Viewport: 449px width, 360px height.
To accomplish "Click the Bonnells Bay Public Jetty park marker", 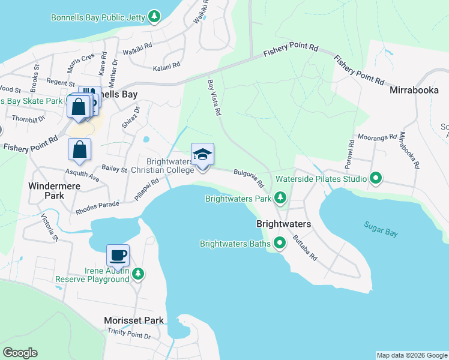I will pos(154,16).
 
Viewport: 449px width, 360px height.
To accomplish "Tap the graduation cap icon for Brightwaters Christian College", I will pos(202,155).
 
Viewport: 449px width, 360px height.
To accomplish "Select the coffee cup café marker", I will pos(118,256).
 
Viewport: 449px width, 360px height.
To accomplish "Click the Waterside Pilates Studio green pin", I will pos(376,178).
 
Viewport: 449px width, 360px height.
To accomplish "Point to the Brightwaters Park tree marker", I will pos(280,197).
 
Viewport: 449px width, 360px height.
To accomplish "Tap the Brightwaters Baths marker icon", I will pos(280,243).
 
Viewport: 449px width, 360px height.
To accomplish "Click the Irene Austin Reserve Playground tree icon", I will pos(138,274).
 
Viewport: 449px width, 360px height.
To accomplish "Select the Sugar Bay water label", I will pos(381,229).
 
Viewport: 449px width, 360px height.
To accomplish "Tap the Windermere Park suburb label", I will pos(46,191).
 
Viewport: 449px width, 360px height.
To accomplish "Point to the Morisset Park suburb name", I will pos(133,320).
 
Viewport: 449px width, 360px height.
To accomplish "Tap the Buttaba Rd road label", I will pos(304,247).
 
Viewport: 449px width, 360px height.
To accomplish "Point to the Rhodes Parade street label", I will pos(98,208).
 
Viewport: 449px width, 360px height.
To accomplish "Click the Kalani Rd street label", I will pos(166,67).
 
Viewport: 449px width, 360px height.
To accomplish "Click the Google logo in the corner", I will pos(20,352).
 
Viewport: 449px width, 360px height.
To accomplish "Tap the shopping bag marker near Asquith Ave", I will pos(79,150).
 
